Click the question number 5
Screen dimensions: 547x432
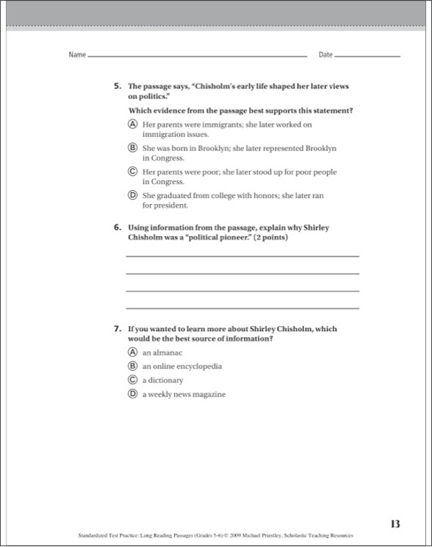118,86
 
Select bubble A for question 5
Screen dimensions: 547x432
132,125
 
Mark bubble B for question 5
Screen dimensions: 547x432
132,148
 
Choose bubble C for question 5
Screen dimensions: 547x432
132,171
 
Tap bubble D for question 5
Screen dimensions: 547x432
132,195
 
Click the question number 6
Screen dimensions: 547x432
118,228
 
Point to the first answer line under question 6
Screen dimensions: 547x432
242,256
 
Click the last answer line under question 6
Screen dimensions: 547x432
242,308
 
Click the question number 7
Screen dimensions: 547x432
118,329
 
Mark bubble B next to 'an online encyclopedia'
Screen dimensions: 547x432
132,366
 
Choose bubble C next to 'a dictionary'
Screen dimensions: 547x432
132,380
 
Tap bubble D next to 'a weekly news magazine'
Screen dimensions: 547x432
132,394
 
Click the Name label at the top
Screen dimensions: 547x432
77,55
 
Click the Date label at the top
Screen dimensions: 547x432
325,55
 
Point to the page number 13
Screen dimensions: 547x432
395,524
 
